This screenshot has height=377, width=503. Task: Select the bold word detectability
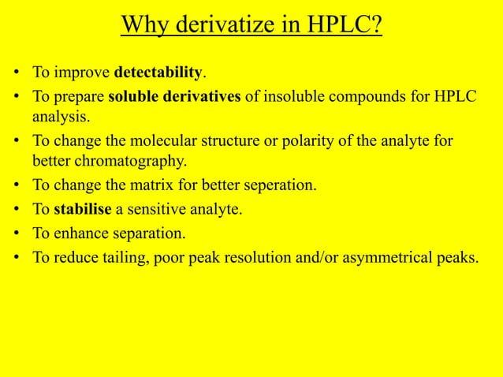point(158,74)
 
